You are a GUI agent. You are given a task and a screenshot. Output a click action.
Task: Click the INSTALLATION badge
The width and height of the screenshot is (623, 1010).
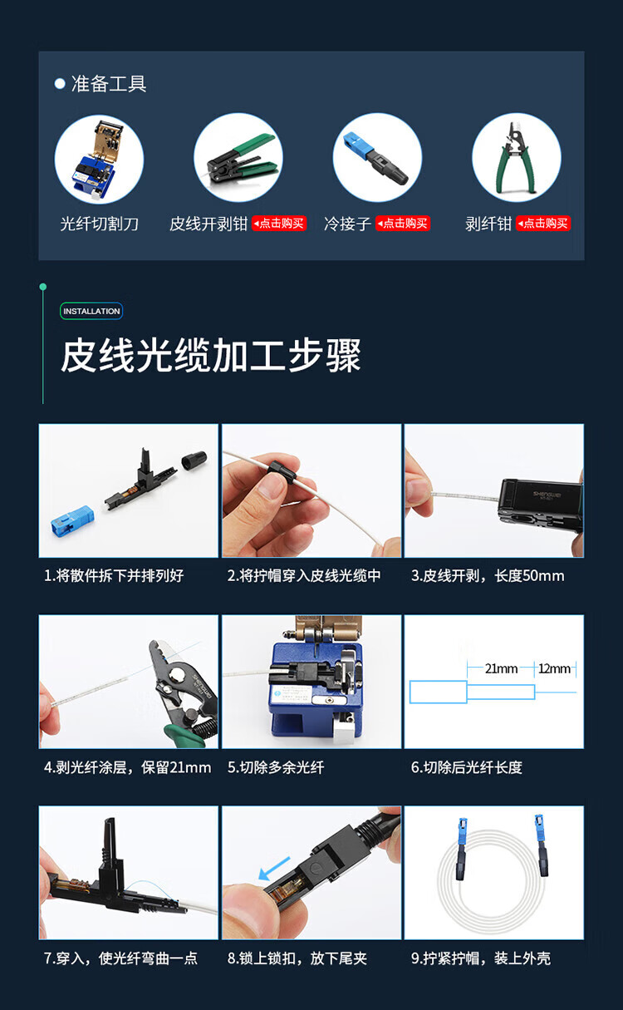tap(91, 311)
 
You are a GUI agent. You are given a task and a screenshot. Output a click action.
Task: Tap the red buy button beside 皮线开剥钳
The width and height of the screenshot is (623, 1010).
tap(279, 223)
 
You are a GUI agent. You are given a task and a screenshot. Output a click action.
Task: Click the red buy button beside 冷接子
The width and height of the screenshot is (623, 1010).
tap(403, 223)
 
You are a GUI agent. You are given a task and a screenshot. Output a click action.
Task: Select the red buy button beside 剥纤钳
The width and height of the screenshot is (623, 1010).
tap(543, 223)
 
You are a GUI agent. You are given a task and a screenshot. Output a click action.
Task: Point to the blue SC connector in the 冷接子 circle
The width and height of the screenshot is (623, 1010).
tap(358, 145)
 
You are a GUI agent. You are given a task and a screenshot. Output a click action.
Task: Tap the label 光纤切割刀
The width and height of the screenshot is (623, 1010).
tap(99, 224)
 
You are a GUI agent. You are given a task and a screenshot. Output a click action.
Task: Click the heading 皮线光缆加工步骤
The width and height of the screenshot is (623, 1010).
tap(211, 356)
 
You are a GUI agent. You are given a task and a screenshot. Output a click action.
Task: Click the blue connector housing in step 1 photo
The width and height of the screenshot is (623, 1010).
tap(72, 521)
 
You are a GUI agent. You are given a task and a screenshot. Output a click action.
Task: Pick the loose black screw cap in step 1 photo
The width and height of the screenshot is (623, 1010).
tap(194, 461)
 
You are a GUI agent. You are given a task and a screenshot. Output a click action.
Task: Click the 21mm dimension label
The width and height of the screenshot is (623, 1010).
tap(501, 668)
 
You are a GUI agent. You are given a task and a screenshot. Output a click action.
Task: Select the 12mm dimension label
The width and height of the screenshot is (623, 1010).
tap(554, 668)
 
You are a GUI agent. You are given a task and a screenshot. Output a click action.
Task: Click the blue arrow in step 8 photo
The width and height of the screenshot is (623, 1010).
tap(274, 868)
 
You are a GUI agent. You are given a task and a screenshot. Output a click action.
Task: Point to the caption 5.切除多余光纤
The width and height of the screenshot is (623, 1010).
tap(276, 767)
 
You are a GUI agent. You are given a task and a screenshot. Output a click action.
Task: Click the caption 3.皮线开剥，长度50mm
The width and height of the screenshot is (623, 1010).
tap(488, 576)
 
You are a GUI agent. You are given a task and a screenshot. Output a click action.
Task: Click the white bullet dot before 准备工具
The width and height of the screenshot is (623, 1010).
tap(60, 84)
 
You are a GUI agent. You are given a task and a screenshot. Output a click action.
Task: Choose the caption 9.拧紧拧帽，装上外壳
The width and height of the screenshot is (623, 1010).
tap(481, 958)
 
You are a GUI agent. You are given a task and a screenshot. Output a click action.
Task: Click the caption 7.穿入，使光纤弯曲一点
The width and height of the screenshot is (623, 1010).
tap(120, 958)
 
